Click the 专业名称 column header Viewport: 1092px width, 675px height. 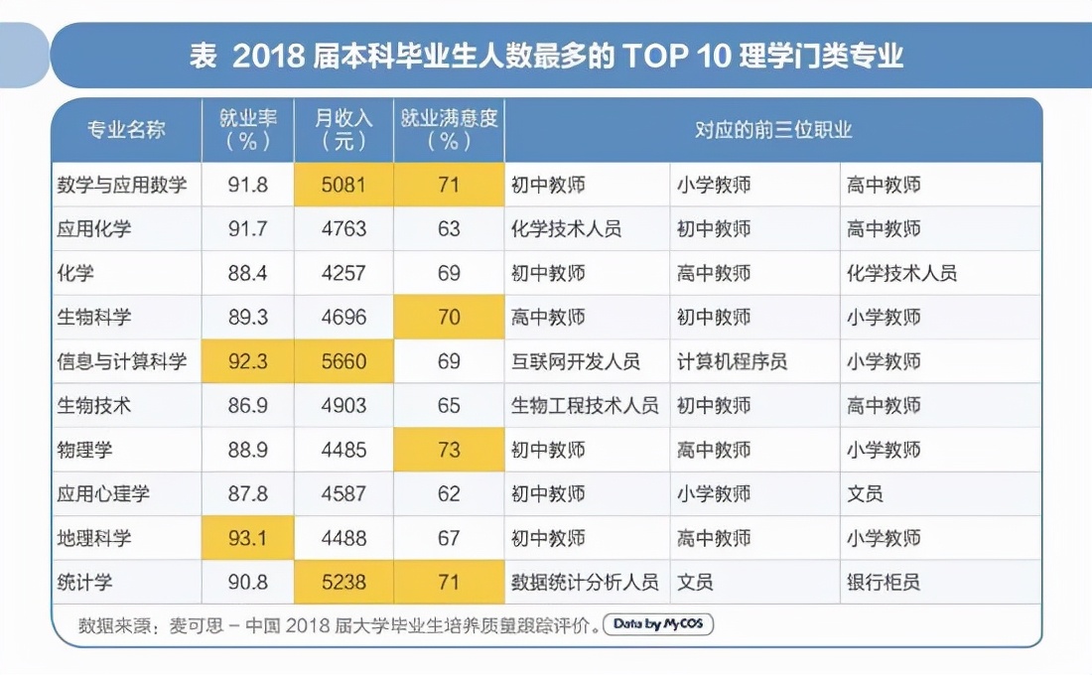(126, 130)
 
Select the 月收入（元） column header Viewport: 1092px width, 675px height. (343, 130)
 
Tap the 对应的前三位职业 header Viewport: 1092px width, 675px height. (772, 130)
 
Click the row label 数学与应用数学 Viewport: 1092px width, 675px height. (122, 185)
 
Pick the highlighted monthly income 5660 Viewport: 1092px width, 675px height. (343, 361)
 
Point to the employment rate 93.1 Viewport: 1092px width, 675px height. (248, 538)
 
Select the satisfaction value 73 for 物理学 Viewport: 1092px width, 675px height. (449, 450)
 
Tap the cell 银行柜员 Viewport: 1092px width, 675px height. (884, 582)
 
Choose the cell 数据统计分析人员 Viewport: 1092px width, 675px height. (585, 582)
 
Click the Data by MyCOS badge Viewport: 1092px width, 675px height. (657, 624)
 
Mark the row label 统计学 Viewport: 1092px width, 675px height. (84, 582)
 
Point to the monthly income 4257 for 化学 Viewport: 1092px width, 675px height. (343, 273)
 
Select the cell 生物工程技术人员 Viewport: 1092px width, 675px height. (585, 406)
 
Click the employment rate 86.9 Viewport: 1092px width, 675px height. (248, 406)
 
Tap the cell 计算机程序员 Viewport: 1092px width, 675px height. (732, 361)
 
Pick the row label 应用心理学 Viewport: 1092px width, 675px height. (103, 493)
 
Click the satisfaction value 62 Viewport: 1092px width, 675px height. (449, 493)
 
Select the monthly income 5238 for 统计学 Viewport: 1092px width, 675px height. (343, 582)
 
